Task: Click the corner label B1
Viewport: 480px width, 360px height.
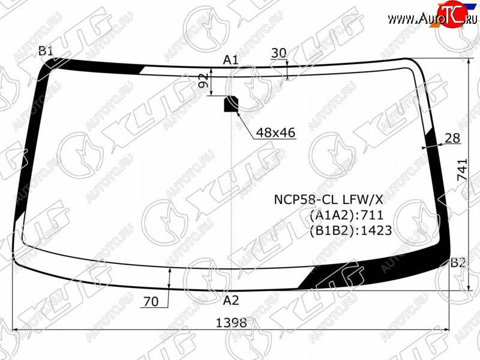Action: [x=46, y=51]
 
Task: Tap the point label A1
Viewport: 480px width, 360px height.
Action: [x=230, y=60]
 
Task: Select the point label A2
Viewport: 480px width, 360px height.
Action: [x=230, y=301]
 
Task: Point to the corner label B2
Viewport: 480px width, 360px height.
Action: [x=458, y=263]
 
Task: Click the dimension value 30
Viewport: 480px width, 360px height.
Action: [x=278, y=53]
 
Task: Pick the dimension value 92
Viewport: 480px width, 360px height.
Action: [x=203, y=80]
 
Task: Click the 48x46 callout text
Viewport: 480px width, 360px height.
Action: [x=275, y=133]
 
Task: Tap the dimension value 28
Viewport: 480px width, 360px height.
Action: [x=452, y=139]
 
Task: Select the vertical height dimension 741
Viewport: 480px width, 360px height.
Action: [x=462, y=169]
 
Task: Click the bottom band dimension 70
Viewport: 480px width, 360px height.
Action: [x=151, y=302]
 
